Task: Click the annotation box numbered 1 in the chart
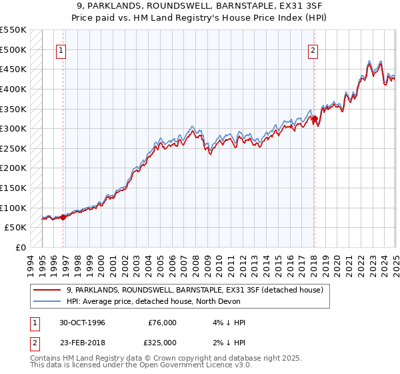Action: click(61, 49)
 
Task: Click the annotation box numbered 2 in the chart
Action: click(313, 49)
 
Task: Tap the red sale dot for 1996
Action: click(63, 216)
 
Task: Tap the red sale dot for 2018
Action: click(315, 119)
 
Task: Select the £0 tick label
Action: click(21, 247)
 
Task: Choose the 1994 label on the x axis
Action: click(30, 264)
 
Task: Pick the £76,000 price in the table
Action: click(162, 323)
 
